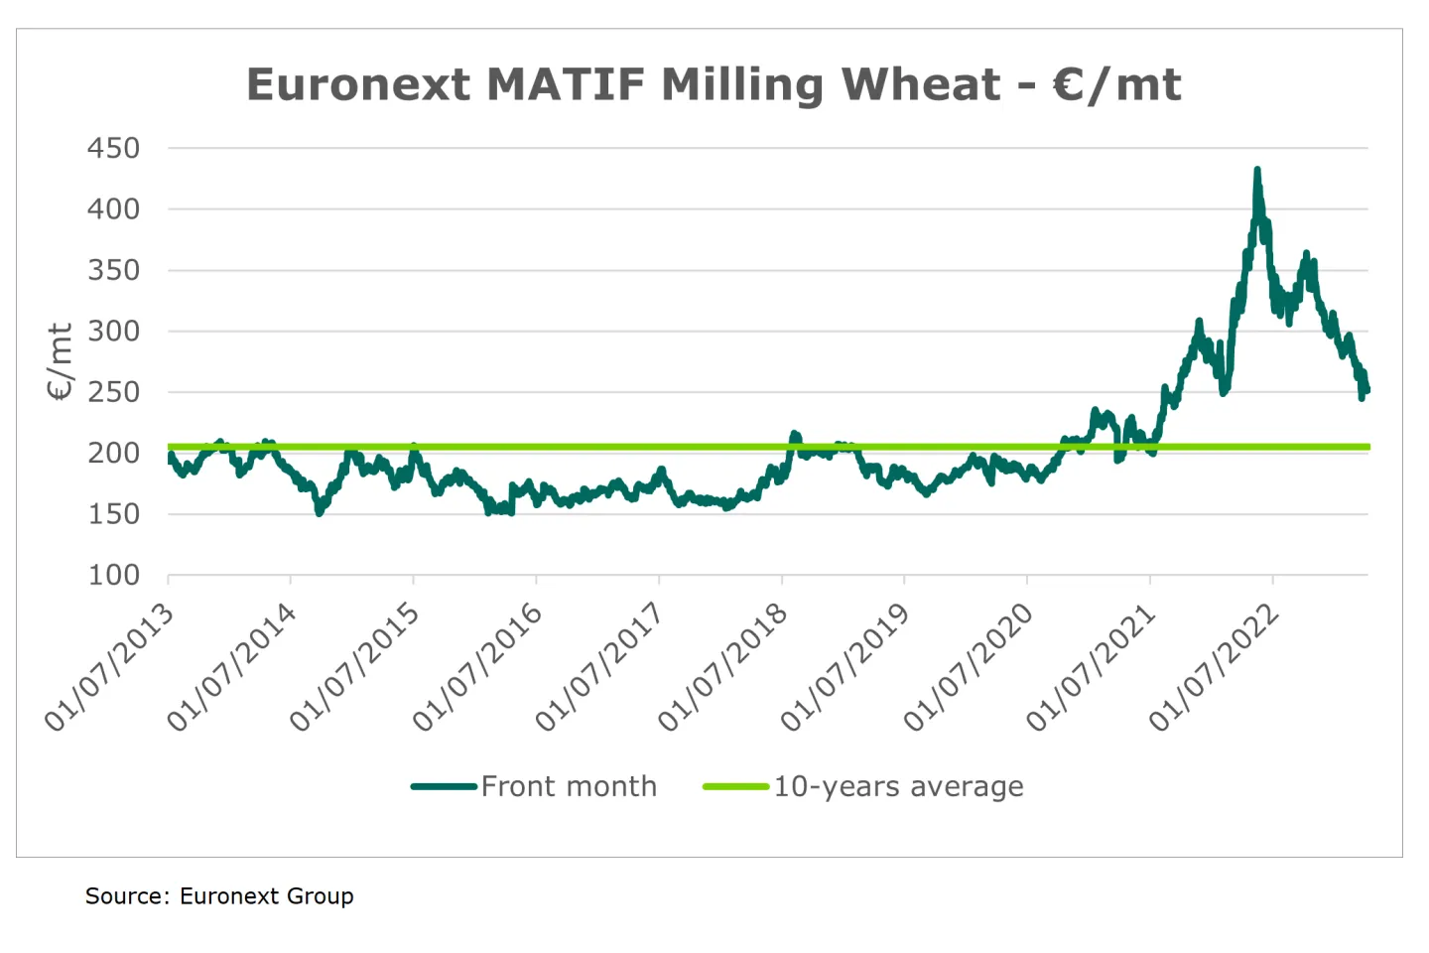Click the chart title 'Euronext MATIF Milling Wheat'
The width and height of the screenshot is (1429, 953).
click(x=713, y=84)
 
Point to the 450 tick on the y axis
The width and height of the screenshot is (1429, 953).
click(x=113, y=148)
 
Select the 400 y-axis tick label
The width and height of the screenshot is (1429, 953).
click(x=113, y=209)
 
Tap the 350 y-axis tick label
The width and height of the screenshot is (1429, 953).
click(x=113, y=270)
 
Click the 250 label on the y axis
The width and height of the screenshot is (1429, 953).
click(x=113, y=392)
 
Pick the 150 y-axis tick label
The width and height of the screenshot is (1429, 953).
click(x=113, y=514)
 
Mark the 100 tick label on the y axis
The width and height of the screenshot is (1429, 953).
click(x=113, y=575)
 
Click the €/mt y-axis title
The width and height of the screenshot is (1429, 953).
click(x=61, y=361)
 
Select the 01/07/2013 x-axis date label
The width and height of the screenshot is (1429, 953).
click(x=109, y=667)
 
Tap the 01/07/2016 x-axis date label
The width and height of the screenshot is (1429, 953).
click(x=477, y=667)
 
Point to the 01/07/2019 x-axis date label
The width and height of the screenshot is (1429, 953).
click(x=845, y=667)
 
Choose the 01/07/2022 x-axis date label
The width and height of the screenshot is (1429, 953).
click(x=1214, y=667)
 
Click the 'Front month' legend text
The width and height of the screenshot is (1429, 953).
click(x=569, y=786)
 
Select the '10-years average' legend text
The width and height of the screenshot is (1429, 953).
click(x=898, y=786)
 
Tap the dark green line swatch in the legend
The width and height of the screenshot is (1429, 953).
click(x=444, y=786)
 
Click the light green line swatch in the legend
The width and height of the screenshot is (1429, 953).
click(x=735, y=786)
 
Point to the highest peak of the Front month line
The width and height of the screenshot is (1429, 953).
click(x=1257, y=172)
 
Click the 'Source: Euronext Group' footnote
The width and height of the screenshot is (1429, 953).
click(x=219, y=896)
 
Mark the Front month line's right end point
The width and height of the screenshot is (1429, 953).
click(x=1366, y=390)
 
